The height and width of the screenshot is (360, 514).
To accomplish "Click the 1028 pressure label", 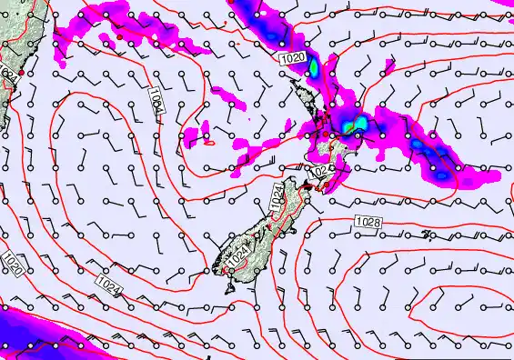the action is pos(368,222).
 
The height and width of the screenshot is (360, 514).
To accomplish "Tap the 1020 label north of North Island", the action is pos(291,58).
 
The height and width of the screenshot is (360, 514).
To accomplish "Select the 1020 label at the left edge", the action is pos(12,264).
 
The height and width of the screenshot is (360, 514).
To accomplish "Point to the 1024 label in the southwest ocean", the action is pos(107,287).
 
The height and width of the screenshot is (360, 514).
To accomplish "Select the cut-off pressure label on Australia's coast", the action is pos(6,75).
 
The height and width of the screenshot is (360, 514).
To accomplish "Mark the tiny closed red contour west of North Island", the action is pos(210,141).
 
